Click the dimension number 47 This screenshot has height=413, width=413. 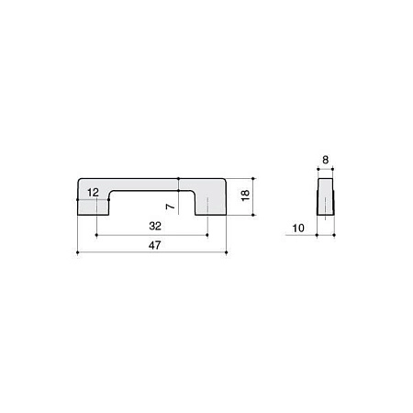coord(155,245)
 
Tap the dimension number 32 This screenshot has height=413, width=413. coord(155,226)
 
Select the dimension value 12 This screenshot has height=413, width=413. coord(93,193)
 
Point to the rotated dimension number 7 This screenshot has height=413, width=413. coord(171,206)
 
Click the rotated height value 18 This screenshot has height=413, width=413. coord(245,195)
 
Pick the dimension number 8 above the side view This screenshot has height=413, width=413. coord(325,160)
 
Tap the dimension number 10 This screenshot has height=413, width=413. coord(298,229)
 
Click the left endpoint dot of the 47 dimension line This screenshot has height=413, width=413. coord(78,252)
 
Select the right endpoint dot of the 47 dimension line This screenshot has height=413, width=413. coord(226,252)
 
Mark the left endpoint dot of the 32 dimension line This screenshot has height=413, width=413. coord(96,235)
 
